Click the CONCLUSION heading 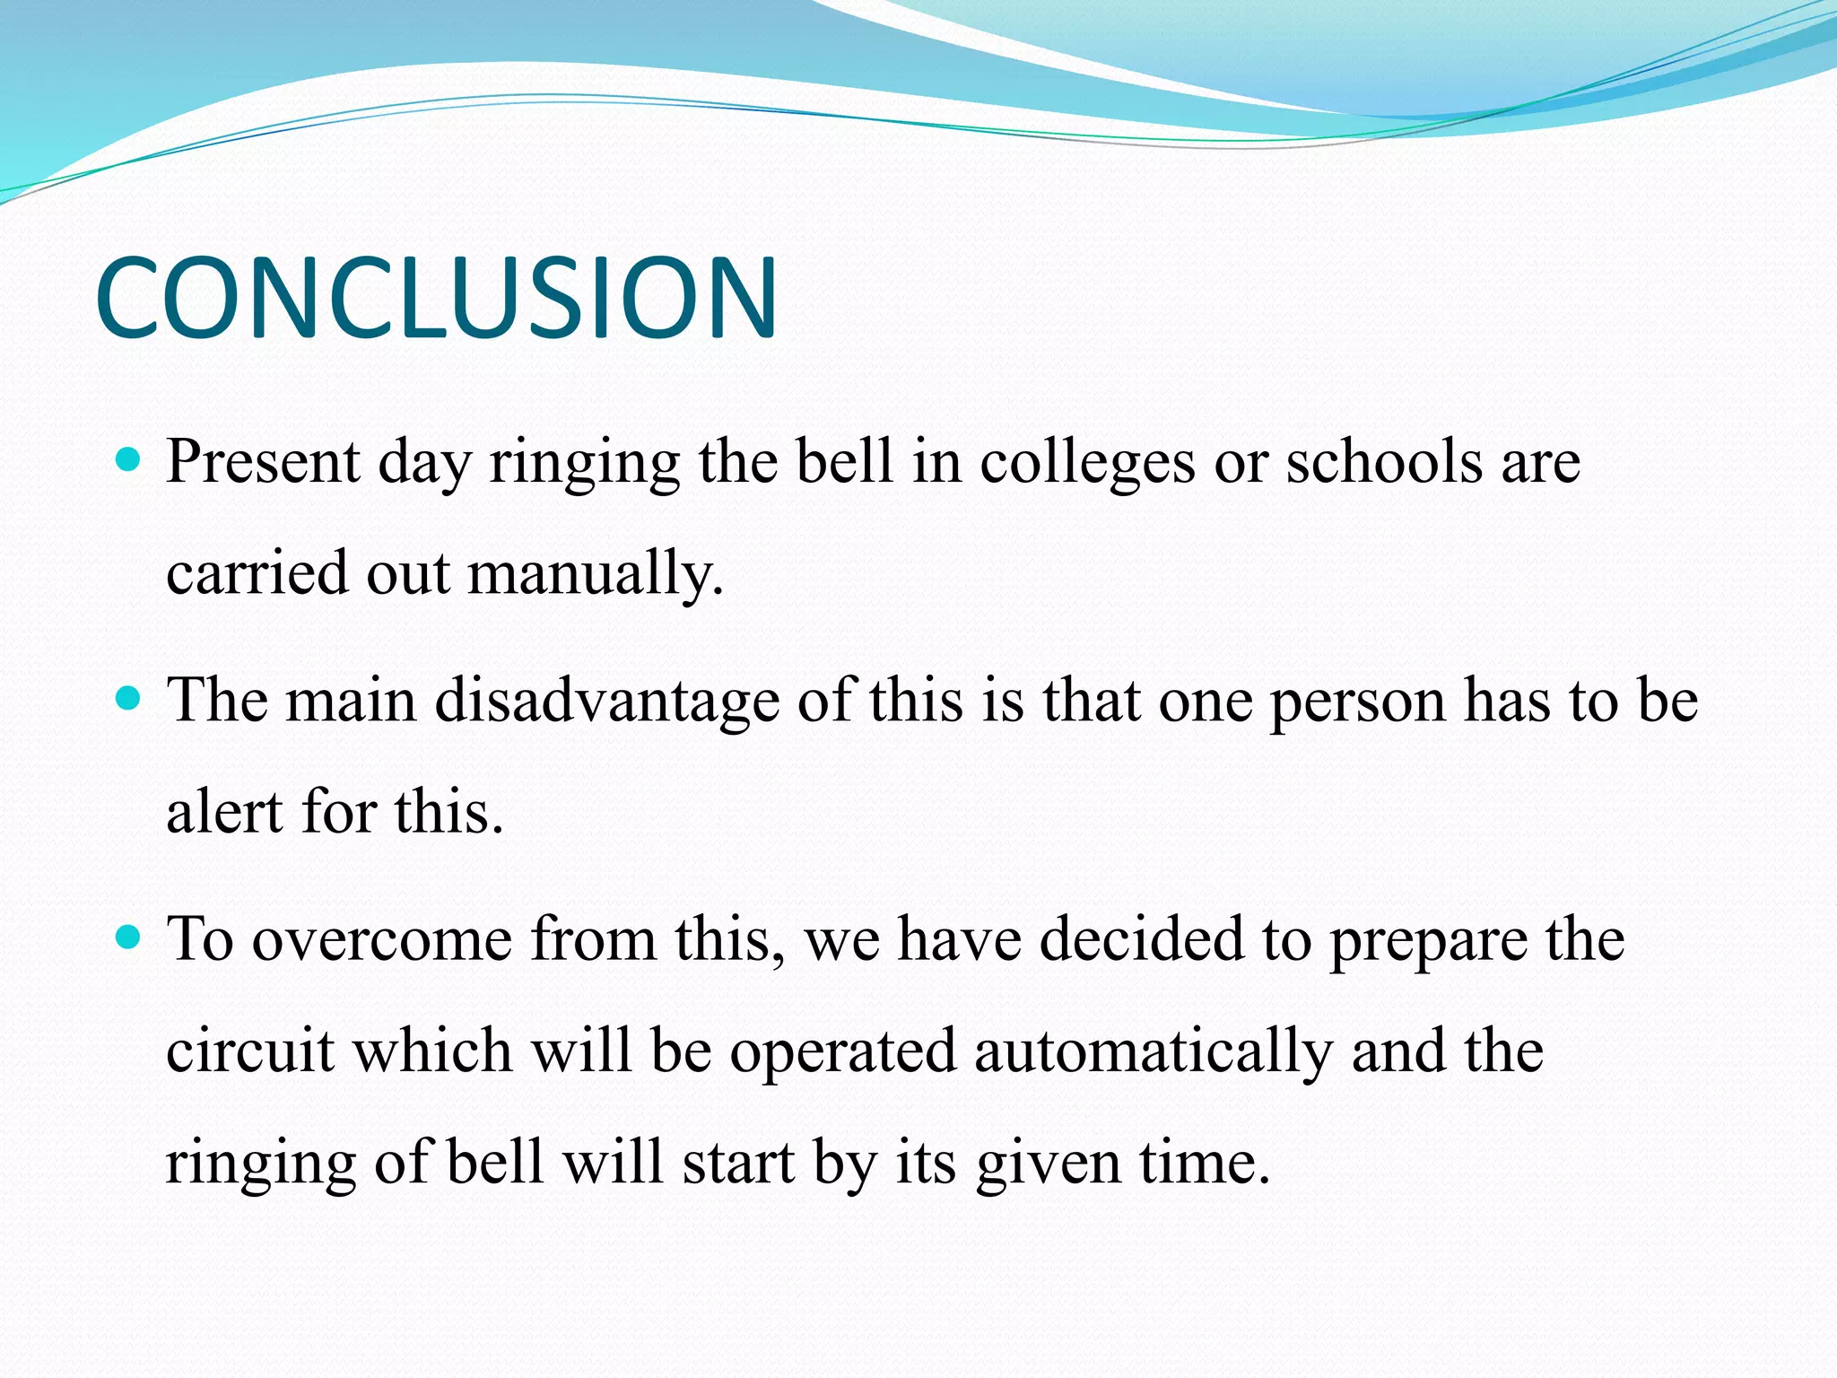pos(436,298)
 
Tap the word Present pos(263,463)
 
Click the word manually pos(595,574)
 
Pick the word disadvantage pos(607,702)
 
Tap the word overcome pos(381,940)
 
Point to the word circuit pos(250,1051)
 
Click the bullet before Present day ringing pos(129,461)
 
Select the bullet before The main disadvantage pos(129,699)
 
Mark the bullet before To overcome pos(129,938)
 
